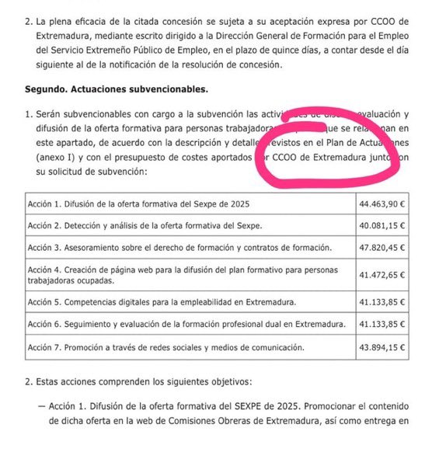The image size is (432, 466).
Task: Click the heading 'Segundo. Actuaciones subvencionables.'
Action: [x=106, y=89]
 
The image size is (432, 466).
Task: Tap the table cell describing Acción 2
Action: [x=145, y=225]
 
